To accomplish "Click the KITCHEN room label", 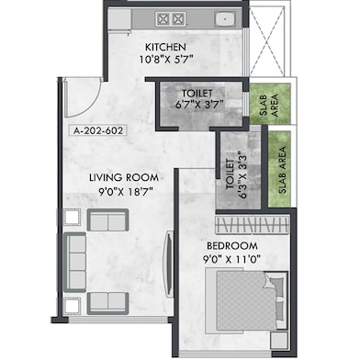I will (165, 46).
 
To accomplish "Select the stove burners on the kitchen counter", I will (172, 17).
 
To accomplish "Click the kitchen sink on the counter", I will (222, 17).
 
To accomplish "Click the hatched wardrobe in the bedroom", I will (252, 224).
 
